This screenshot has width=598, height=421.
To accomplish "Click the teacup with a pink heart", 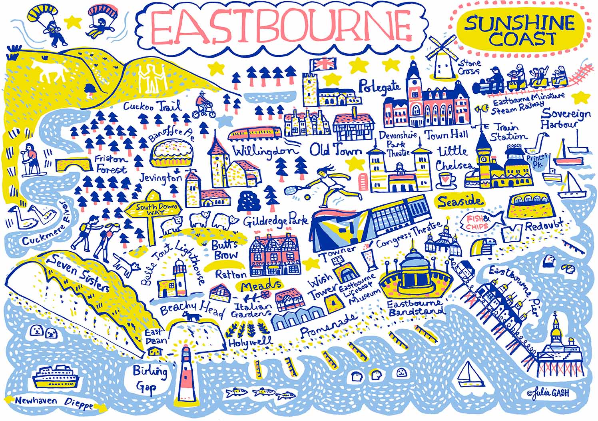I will click(x=446, y=180).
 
